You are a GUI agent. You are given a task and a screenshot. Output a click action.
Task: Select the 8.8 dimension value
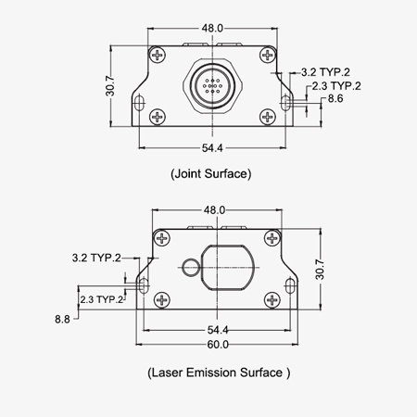tap(63, 318)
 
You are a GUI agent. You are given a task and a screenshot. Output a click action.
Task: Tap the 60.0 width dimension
tap(218, 344)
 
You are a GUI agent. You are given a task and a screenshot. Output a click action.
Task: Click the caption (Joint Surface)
tap(212, 172)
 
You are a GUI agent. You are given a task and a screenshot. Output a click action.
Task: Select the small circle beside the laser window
tap(190, 267)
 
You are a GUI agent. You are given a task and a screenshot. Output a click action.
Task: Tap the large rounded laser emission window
tap(225, 267)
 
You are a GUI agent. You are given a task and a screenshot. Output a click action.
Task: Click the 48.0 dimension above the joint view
tap(212, 28)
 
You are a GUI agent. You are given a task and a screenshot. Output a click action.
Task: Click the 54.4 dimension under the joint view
tap(212, 148)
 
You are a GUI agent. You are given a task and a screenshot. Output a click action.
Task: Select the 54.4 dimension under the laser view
tap(218, 329)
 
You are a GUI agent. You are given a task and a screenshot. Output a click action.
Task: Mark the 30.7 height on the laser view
tap(320, 269)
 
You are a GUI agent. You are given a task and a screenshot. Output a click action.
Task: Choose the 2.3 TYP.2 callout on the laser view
tap(102, 300)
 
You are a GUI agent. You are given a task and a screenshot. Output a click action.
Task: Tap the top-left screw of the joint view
tap(159, 57)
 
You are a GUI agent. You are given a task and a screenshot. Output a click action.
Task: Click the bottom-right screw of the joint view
tap(267, 116)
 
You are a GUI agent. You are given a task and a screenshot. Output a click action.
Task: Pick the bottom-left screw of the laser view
tap(163, 298)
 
